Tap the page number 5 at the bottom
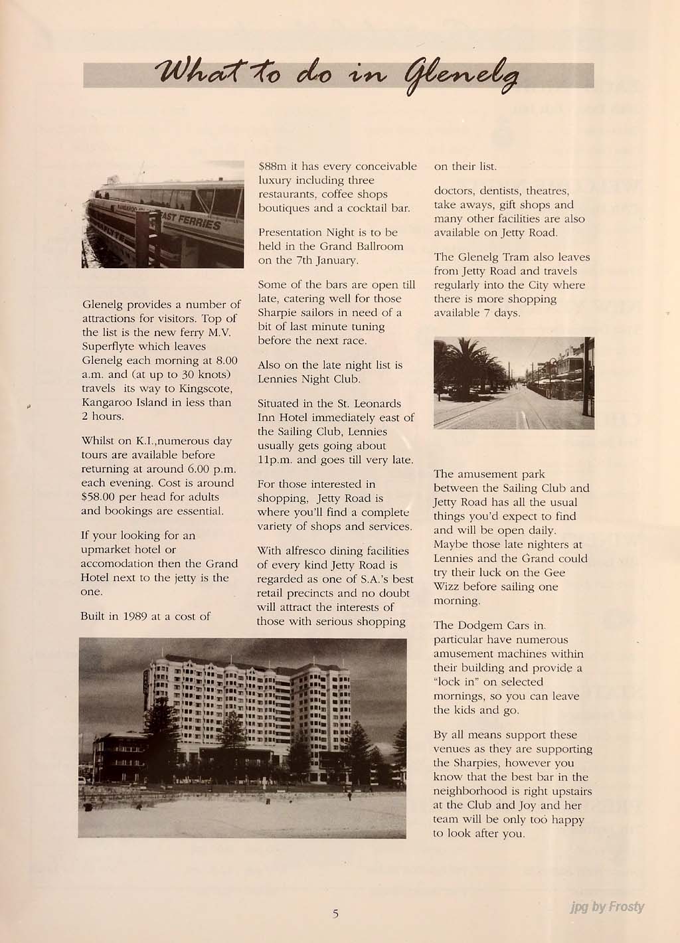(x=336, y=914)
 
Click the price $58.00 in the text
(x=98, y=497)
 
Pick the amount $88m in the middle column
(x=270, y=167)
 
